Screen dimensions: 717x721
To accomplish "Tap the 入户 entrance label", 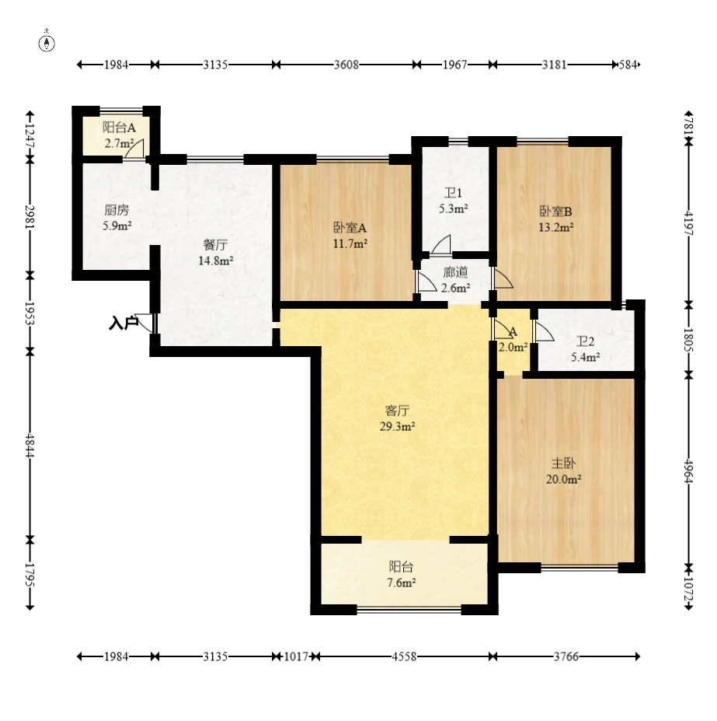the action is click(123, 323).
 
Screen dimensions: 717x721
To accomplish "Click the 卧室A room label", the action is click(350, 228).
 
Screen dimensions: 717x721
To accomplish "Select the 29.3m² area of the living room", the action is click(397, 426).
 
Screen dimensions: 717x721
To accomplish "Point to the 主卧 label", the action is click(563, 463).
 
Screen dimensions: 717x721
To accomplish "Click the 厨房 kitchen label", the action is click(117, 210).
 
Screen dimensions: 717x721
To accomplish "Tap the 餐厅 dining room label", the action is click(215, 245).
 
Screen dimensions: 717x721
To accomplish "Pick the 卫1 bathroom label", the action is click(453, 193).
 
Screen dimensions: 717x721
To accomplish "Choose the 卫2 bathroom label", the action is click(585, 341).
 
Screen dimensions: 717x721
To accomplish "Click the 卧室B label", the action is click(555, 212).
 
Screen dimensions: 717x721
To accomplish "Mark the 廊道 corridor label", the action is click(455, 273).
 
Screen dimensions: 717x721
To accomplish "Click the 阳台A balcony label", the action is click(119, 128).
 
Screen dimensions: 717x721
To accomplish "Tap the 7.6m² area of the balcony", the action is click(402, 583).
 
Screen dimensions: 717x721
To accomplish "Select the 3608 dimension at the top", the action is click(346, 65).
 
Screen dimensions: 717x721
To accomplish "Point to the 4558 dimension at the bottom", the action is click(404, 656).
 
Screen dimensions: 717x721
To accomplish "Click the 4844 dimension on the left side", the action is click(30, 446).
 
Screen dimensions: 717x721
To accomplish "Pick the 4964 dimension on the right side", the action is click(688, 471).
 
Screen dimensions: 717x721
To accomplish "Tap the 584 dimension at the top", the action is click(628, 65).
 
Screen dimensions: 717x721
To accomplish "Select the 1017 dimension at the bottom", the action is click(296, 656).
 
